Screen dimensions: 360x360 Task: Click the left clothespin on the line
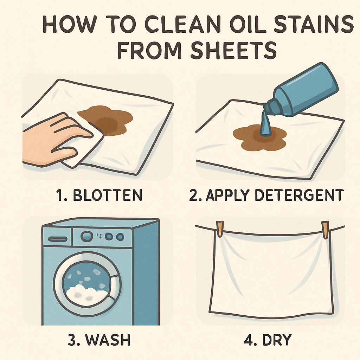pos(220,229)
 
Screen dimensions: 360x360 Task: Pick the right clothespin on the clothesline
pos(325,229)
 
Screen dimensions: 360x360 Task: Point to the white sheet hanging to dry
pos(271,274)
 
